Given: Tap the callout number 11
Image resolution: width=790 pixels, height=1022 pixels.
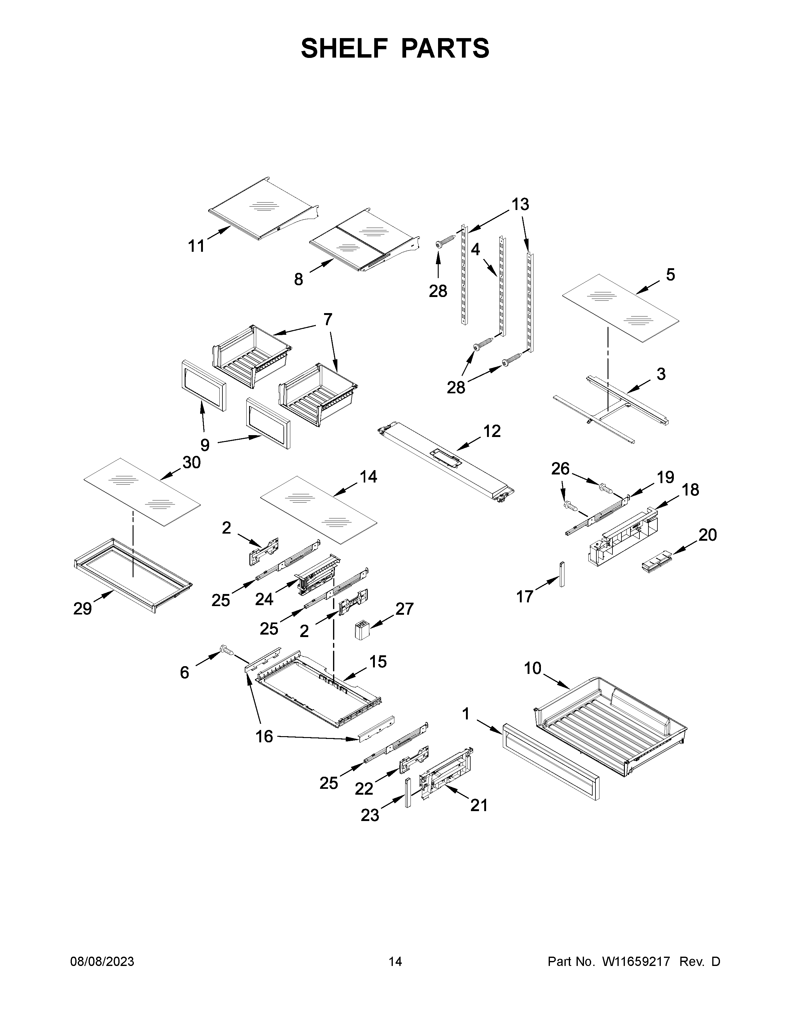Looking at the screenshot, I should click(x=196, y=246).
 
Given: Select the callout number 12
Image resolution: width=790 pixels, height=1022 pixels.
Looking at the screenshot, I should click(x=492, y=431).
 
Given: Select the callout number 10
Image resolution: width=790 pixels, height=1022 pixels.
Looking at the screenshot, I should click(x=533, y=668).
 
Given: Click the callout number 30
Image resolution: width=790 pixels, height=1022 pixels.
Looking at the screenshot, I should click(x=191, y=462).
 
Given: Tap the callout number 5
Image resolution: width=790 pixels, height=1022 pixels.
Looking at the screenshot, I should click(x=670, y=275).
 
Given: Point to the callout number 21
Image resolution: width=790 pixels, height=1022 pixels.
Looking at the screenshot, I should click(x=479, y=805).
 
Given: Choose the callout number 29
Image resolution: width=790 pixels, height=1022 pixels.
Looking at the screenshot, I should click(x=82, y=609).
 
